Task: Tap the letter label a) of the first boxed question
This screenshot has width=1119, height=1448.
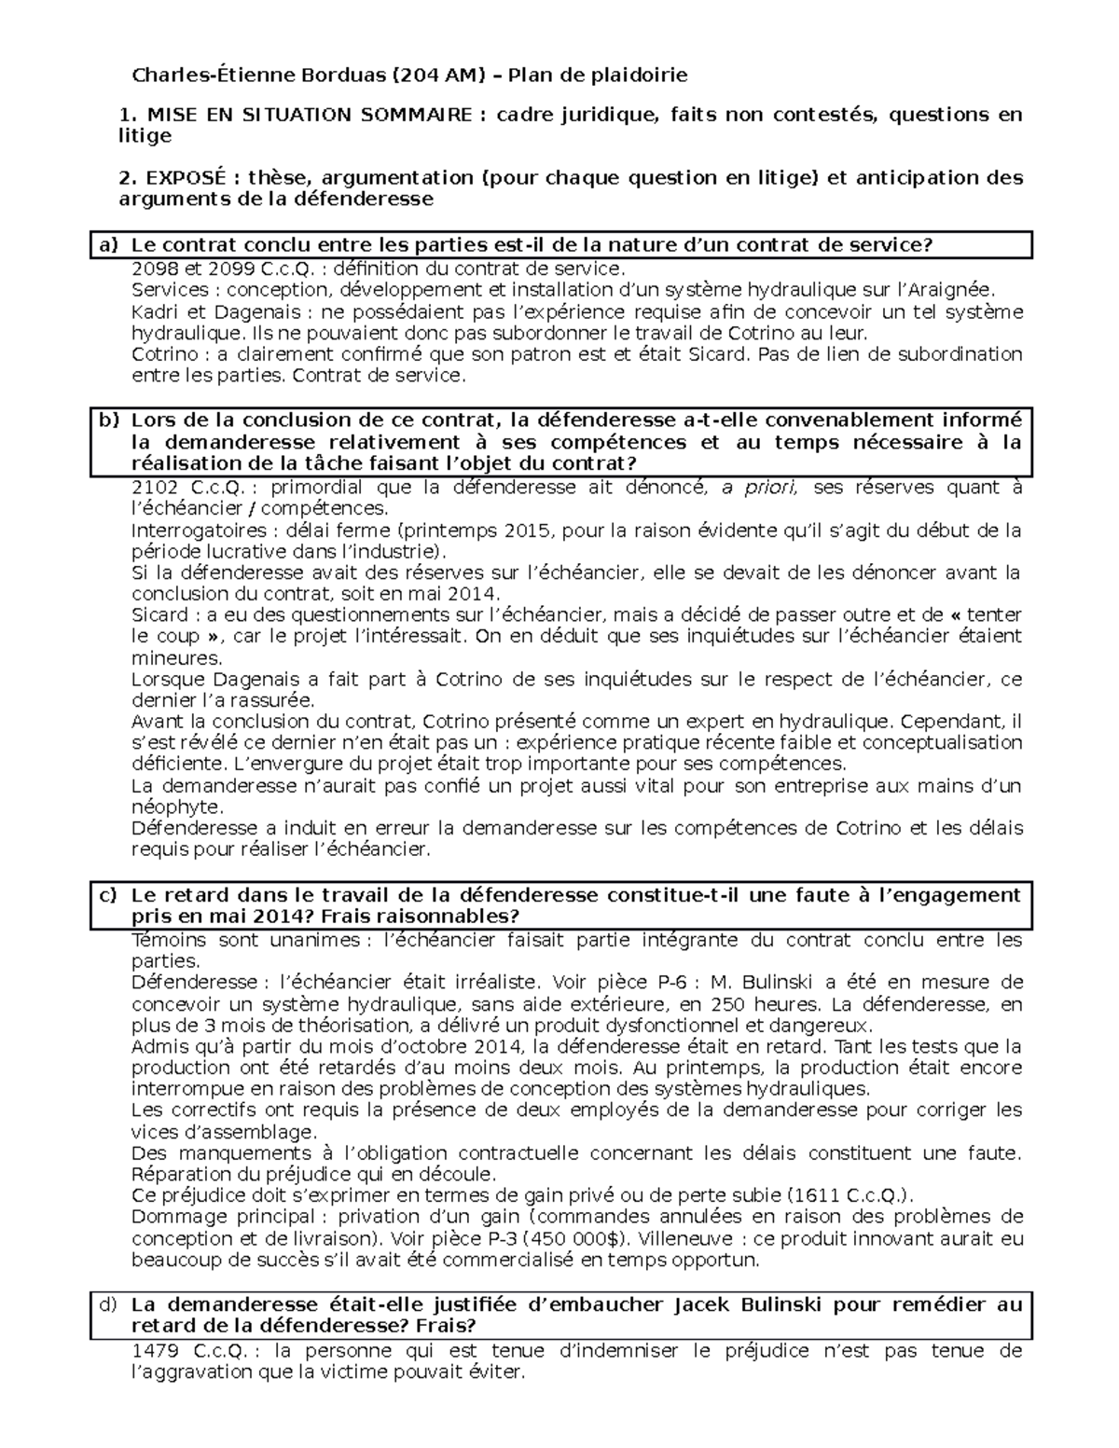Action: point(110,245)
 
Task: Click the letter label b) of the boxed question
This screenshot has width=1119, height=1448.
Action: point(110,421)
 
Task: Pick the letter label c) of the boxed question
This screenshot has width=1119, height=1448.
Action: point(110,895)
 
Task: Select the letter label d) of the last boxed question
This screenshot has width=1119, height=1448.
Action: point(110,1304)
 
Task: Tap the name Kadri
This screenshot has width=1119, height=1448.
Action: point(155,311)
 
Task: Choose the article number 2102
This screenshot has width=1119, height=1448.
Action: point(153,488)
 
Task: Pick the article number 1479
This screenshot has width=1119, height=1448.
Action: point(153,1351)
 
